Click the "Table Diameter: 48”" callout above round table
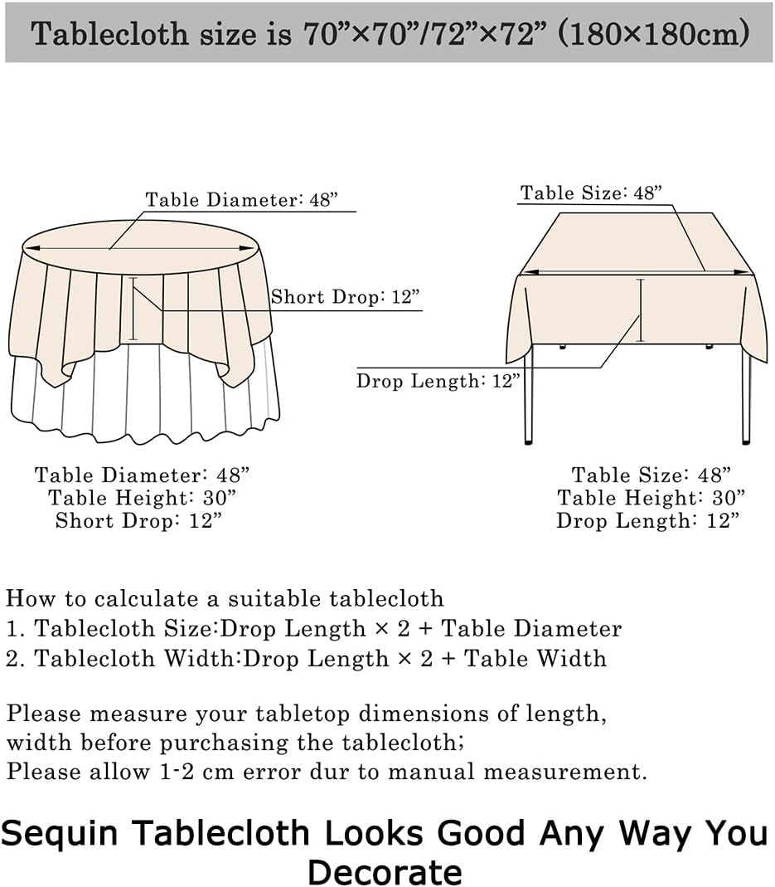click(241, 200)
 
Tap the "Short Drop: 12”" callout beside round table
click(345, 298)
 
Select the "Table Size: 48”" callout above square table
click(592, 193)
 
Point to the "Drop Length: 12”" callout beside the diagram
click(438, 382)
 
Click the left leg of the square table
click(528, 398)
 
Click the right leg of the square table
click(746, 398)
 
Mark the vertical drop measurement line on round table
click(133, 309)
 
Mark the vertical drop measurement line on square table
click(639, 311)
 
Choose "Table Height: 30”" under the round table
click(142, 498)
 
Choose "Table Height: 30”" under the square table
click(651, 498)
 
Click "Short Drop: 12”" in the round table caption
click(138, 521)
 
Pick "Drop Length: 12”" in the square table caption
click(647, 521)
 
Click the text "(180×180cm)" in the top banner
click(653, 33)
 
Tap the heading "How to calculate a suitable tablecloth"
click(225, 598)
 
